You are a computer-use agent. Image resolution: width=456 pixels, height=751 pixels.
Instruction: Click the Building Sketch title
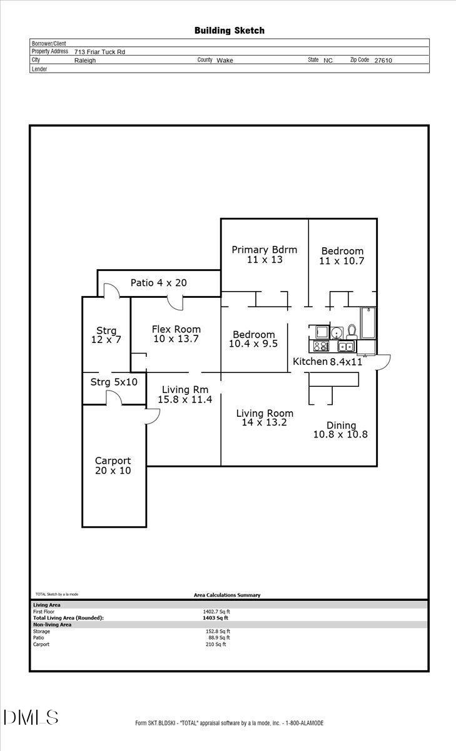point(229,30)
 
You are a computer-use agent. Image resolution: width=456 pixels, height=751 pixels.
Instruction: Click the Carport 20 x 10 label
point(113,466)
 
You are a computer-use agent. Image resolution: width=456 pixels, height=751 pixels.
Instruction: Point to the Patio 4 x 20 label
point(158,283)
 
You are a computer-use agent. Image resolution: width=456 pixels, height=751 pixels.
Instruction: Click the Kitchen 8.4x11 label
point(328,362)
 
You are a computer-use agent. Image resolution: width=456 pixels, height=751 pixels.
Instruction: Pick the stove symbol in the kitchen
point(321,346)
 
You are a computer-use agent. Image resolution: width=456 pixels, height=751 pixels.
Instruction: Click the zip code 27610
point(383,61)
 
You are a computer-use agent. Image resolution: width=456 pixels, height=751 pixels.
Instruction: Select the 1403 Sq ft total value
point(216,618)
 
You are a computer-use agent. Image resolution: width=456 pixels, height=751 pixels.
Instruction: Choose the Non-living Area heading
point(52,625)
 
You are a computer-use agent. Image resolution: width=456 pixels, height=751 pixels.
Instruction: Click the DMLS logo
point(31,718)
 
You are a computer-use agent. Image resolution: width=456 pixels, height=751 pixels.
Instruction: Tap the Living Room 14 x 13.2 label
point(264,417)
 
